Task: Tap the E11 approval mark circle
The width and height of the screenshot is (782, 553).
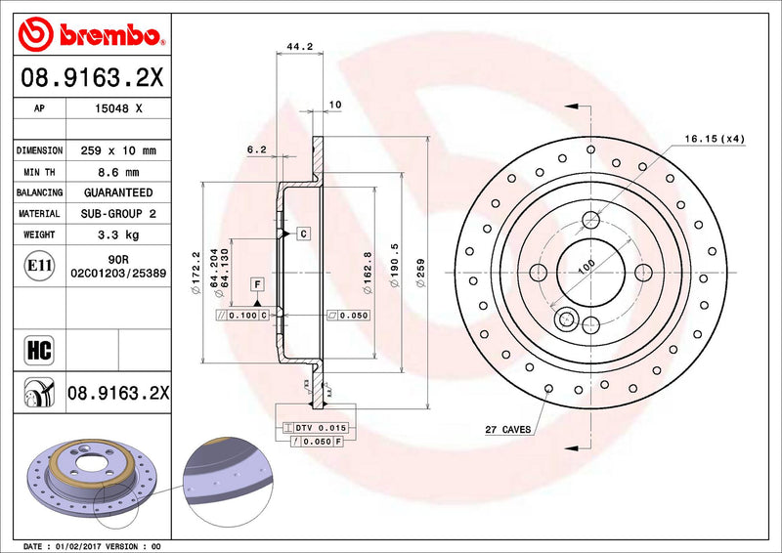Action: click(38, 265)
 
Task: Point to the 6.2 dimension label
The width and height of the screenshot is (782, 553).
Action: click(257, 149)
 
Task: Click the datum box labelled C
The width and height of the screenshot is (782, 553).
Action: click(304, 234)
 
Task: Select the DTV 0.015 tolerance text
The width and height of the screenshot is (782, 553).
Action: click(321, 428)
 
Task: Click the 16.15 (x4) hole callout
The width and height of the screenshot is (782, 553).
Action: click(714, 139)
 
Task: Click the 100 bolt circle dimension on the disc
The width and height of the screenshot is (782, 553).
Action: click(586, 265)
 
